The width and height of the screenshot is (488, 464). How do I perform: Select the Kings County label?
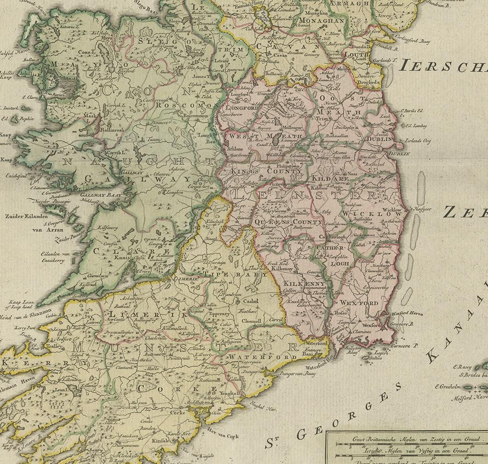click(260, 171)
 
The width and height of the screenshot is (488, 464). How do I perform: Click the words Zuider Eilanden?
click(24, 215)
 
